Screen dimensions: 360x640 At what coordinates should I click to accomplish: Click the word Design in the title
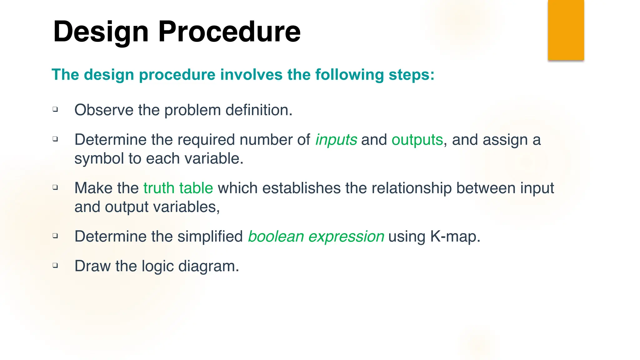coord(101,32)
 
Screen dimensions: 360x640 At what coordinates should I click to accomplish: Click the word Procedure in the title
coord(229,32)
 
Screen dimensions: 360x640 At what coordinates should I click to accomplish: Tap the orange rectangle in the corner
coord(566,30)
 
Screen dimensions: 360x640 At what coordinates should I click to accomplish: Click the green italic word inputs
coord(336,140)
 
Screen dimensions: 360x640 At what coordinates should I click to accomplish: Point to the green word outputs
coord(417,140)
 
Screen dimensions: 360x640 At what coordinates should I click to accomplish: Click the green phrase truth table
coord(178,188)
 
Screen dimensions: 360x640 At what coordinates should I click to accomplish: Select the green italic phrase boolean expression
coord(316,236)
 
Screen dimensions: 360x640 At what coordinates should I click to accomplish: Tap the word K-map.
coord(455,236)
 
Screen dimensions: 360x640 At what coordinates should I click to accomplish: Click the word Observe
coord(104,110)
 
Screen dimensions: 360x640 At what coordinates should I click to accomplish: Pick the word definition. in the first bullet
coord(259,110)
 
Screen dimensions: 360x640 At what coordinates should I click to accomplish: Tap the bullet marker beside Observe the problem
coord(55,109)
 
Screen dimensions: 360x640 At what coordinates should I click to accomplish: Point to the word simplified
coord(210,236)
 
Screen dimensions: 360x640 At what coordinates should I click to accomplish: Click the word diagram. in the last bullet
coord(208,266)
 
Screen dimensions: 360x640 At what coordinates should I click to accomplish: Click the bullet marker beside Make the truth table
coord(55,187)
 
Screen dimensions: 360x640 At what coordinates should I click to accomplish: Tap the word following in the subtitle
coord(349,75)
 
